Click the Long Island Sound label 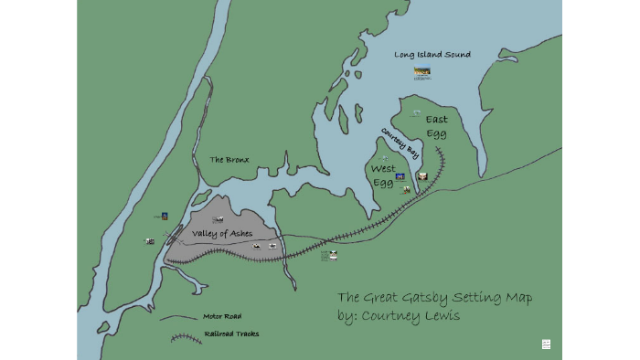point(432,55)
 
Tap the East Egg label point(436,127)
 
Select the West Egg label point(383,175)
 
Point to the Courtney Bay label point(400,143)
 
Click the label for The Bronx point(229,160)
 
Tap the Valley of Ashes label point(222,234)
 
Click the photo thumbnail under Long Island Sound point(421,72)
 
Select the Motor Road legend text point(222,316)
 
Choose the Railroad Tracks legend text point(231,334)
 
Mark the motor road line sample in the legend point(179,319)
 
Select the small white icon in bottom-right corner point(546,344)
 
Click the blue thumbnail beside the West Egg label point(400,176)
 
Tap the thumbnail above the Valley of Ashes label point(218,219)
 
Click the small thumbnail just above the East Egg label point(416,113)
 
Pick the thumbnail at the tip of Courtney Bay point(421,176)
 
